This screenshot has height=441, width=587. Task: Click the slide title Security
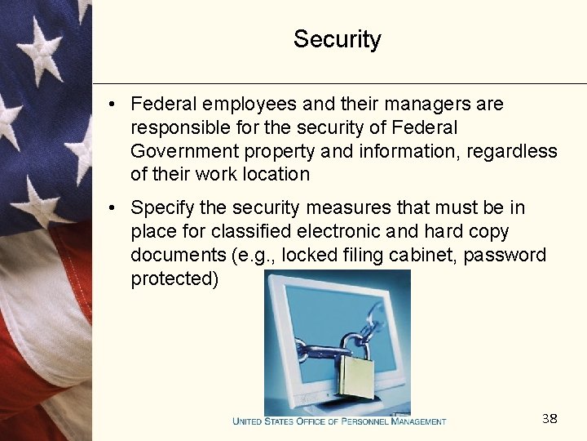click(337, 39)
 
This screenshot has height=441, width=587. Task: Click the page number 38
click(549, 419)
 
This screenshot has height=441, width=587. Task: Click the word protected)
click(174, 278)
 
